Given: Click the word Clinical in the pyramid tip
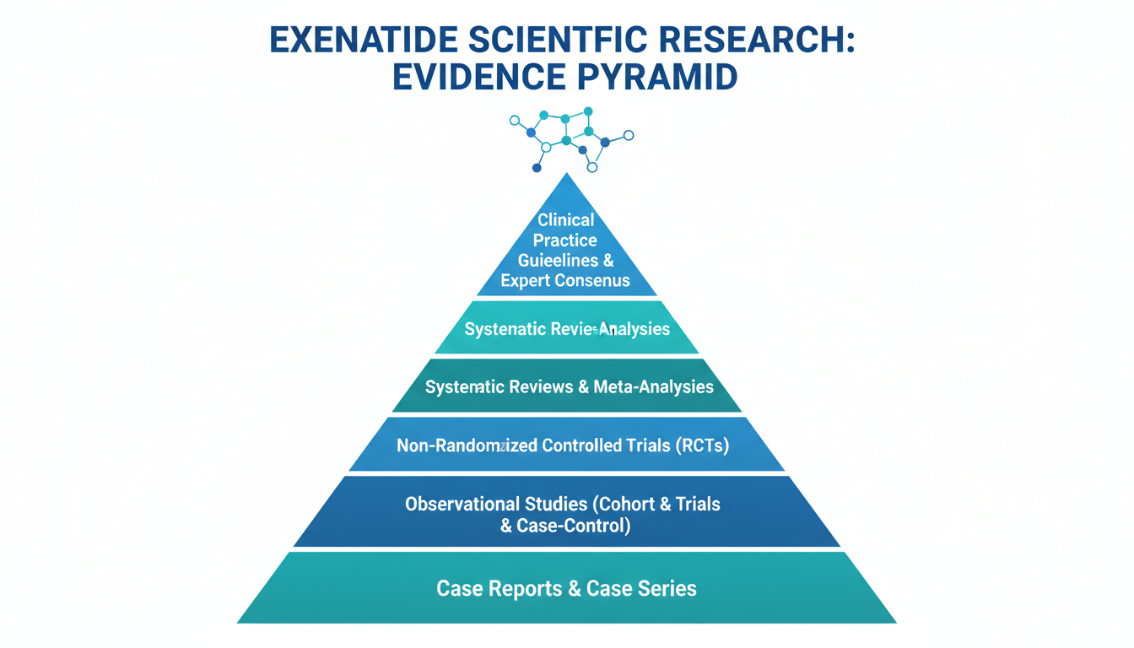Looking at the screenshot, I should point(566,219).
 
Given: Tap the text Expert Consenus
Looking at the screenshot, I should point(565,280).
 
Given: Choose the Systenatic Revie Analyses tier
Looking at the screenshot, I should point(567,328).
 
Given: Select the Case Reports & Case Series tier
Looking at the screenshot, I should point(567,588).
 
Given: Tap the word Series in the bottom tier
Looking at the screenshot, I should point(667,588).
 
